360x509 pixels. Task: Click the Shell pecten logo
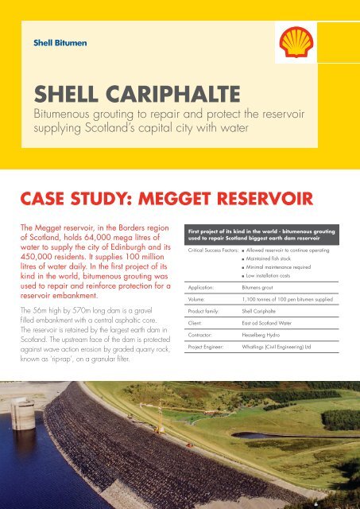point(296,45)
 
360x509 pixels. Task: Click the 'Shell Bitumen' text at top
point(58,42)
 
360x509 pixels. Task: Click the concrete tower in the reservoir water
point(22,414)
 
